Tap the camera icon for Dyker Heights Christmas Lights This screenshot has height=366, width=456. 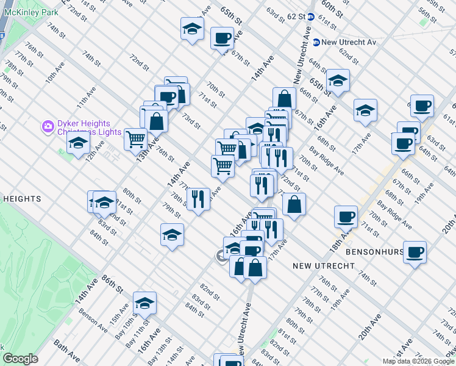pos(48,127)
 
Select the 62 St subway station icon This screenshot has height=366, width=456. pos(310,17)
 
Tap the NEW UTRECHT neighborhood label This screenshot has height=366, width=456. pos(323,266)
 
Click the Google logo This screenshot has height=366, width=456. pos(20,359)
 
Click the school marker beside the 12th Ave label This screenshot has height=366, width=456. pos(79,143)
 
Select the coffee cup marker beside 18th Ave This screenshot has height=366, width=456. pos(346,217)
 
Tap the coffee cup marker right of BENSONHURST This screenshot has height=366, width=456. pos(415,251)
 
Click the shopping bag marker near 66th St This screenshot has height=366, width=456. pos(285,98)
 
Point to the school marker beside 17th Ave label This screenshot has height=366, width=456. pos(365,110)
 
